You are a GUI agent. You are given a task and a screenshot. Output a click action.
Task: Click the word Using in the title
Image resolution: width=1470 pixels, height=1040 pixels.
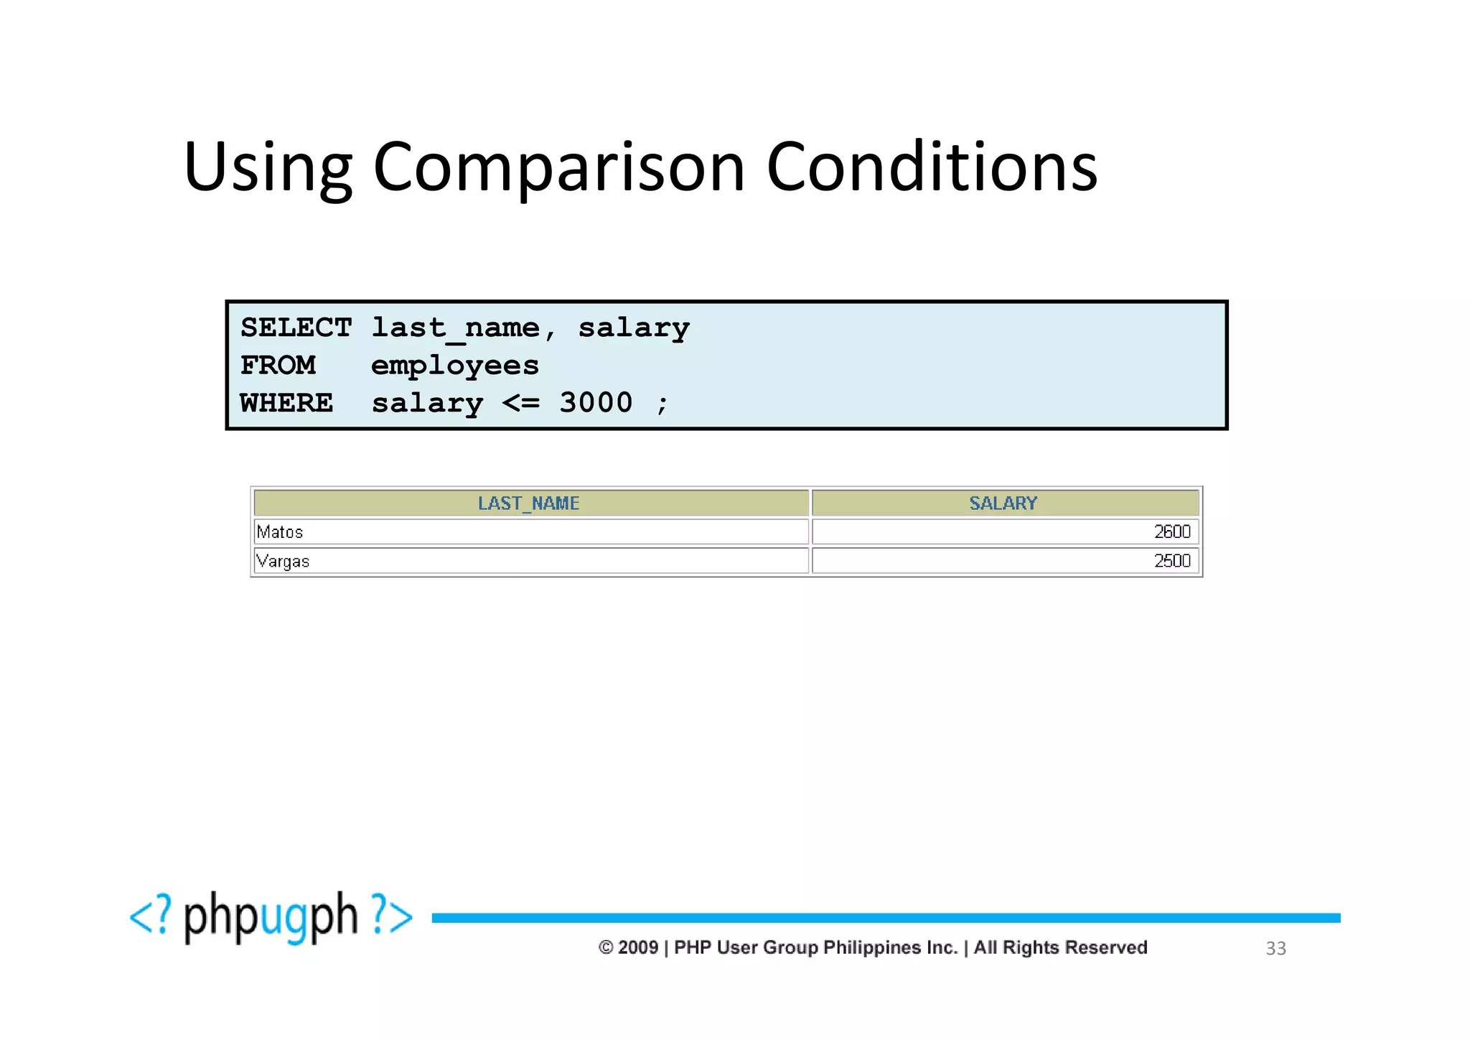[x=268, y=167]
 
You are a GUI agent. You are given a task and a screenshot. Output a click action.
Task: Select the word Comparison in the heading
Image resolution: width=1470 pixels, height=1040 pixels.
[x=559, y=167]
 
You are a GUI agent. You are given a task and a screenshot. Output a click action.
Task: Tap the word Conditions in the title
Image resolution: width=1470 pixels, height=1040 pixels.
[x=932, y=167]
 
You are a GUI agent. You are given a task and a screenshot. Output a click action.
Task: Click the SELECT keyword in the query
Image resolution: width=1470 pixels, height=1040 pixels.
[x=296, y=328]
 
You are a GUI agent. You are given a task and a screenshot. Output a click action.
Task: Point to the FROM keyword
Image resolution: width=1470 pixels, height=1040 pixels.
[x=278, y=366]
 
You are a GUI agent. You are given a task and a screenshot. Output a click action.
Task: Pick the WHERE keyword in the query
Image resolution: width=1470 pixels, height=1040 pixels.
[x=286, y=403]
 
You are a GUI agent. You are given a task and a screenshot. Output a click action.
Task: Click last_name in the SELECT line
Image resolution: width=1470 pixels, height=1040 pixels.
[x=455, y=328]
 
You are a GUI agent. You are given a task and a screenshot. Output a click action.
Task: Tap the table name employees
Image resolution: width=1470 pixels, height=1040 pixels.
[x=454, y=366]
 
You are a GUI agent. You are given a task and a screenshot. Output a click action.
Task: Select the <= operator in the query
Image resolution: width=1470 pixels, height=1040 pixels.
[x=520, y=403]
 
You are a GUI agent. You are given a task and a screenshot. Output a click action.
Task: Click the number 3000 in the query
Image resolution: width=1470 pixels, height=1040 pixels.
[x=596, y=403]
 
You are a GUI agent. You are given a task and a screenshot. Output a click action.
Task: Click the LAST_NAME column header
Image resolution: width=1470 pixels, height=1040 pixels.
[x=529, y=503]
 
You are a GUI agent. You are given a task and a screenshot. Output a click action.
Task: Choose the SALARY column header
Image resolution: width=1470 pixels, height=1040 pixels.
[x=1003, y=503]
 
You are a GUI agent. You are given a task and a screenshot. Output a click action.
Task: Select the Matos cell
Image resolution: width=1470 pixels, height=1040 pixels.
[x=280, y=532]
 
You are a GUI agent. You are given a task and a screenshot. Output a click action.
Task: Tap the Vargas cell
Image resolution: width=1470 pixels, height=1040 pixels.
[x=283, y=561]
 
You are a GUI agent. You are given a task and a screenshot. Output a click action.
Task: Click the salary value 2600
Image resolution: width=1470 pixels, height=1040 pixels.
[x=1171, y=531]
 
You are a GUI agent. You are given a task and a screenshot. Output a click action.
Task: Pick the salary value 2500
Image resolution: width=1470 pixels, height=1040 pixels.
[x=1171, y=561]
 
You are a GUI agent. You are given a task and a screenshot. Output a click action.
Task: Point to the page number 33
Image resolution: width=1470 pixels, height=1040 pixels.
[x=1275, y=949]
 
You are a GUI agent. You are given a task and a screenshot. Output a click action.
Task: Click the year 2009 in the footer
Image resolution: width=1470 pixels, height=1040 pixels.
[x=638, y=947]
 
